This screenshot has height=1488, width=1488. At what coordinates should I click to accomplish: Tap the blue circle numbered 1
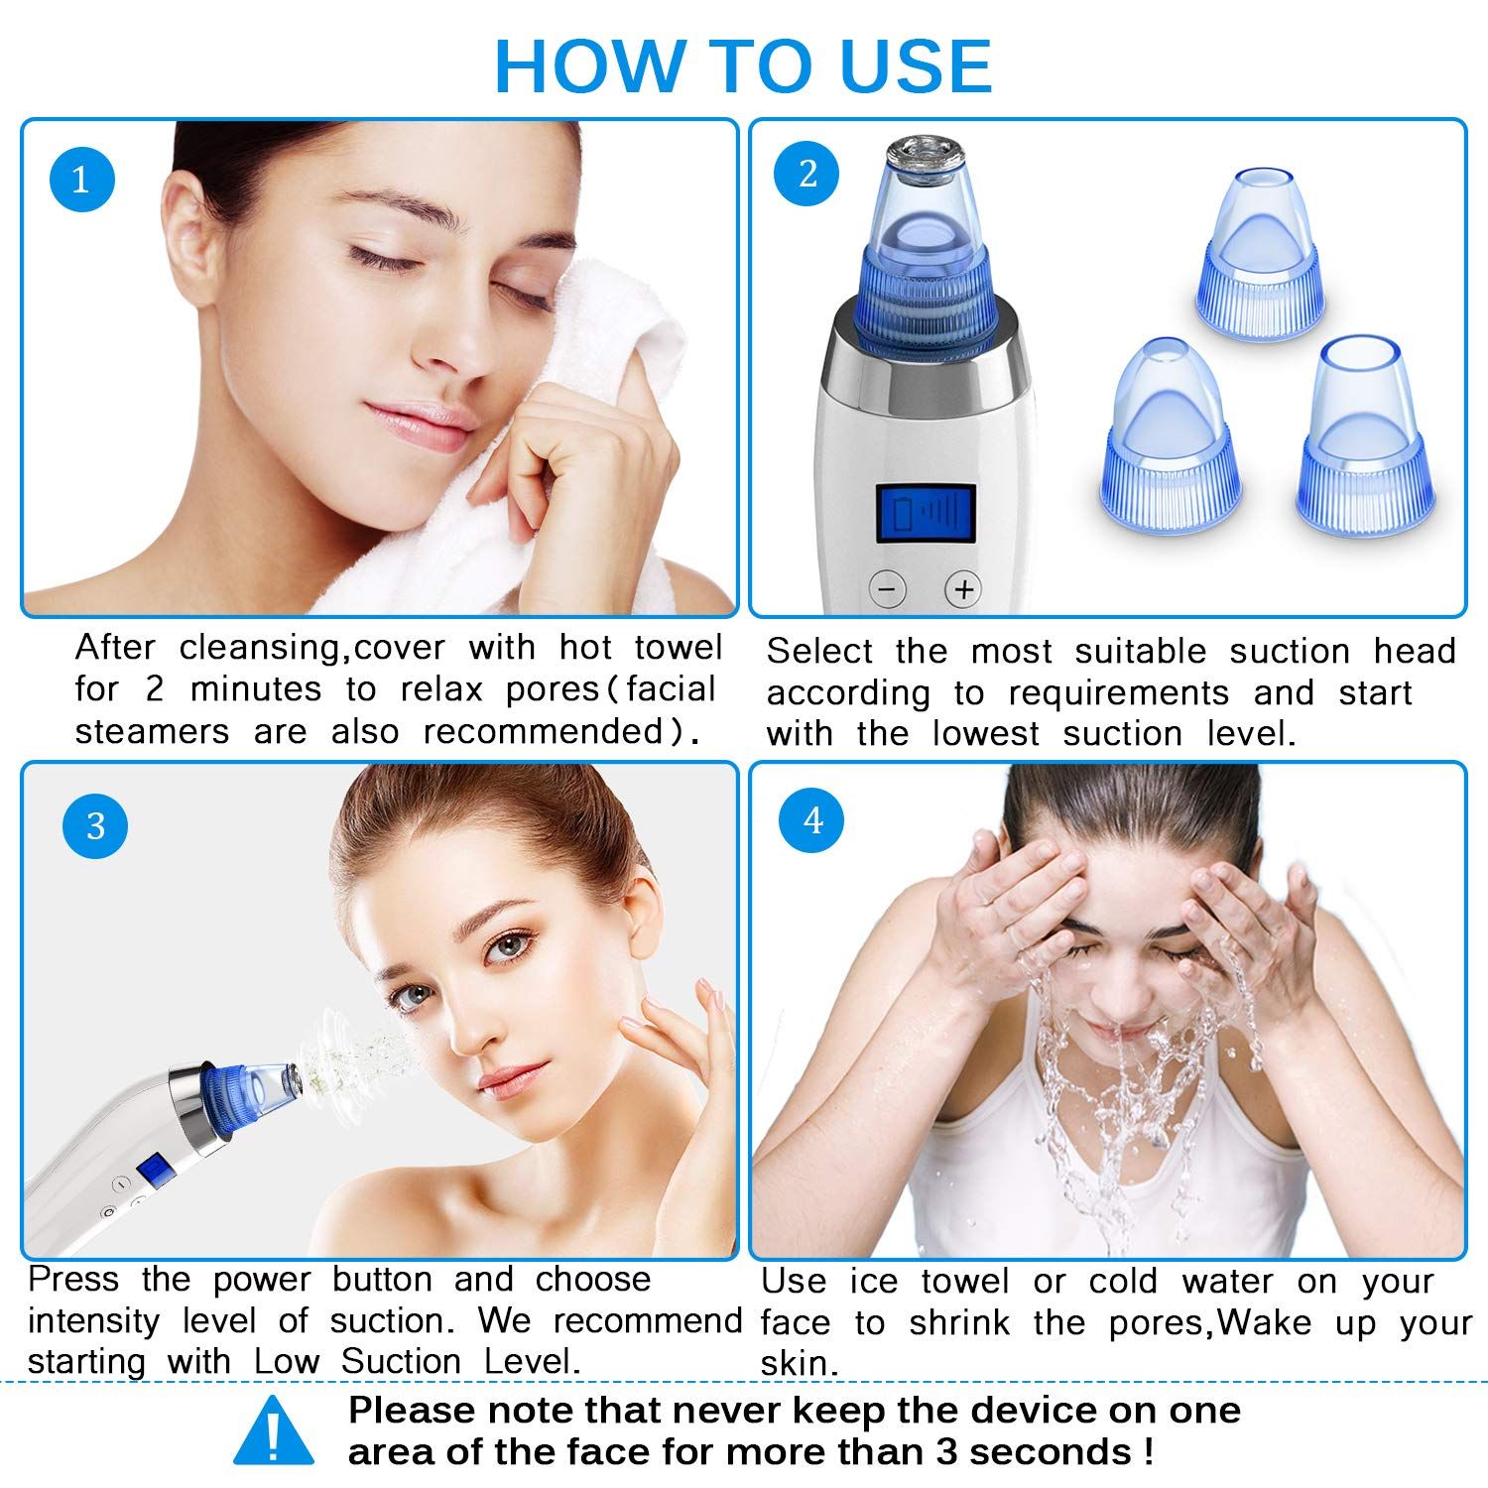pos(81,179)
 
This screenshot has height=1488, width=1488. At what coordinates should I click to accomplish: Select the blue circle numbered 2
pos(807,174)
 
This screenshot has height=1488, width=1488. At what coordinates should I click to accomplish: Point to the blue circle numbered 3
pos(95,825)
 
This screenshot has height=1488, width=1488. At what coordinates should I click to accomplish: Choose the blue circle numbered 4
pos(813,820)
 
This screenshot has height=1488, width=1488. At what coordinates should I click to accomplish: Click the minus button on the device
pos(888,589)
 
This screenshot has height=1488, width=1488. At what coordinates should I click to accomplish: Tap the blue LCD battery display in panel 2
pos(926,514)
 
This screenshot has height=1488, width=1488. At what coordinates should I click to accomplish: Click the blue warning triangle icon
pos(274,1430)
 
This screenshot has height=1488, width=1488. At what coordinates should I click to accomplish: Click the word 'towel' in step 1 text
pos(679,648)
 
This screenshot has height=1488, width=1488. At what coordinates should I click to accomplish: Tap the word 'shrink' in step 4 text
pos(959,1322)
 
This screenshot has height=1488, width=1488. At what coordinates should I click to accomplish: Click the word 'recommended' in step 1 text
pos(556,732)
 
